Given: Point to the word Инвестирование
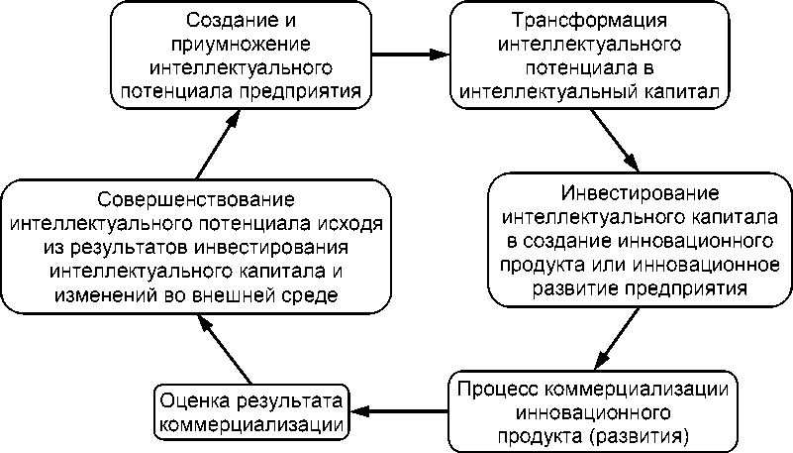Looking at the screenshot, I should pyautogui.click(x=640, y=191).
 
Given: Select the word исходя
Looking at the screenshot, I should pyautogui.click(x=354, y=223).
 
